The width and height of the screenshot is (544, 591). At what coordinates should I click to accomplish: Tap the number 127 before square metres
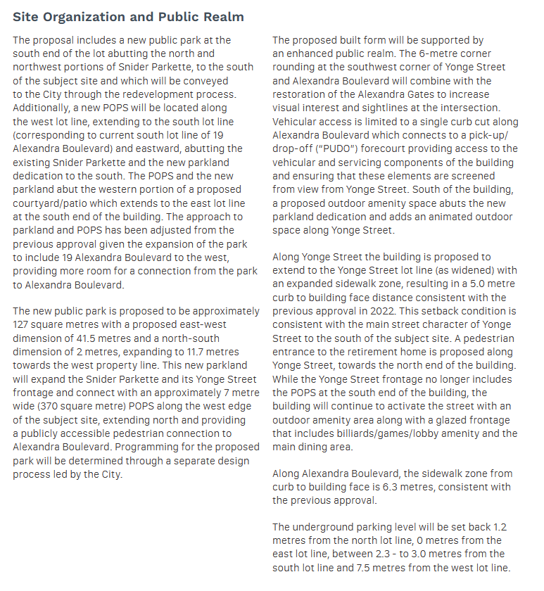point(23,324)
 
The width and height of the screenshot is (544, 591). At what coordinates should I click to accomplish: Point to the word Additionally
point(44,108)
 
